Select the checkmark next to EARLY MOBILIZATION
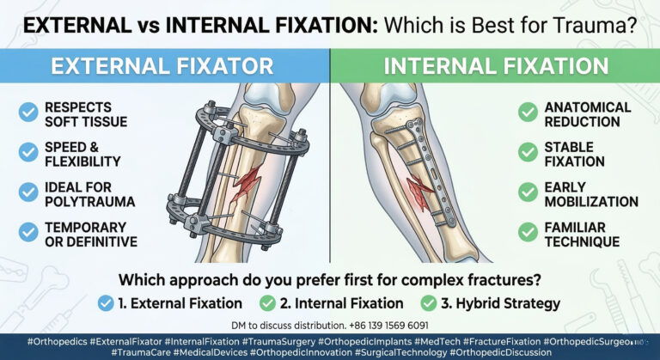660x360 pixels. [528, 194]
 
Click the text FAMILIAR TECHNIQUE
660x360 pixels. [581, 235]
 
